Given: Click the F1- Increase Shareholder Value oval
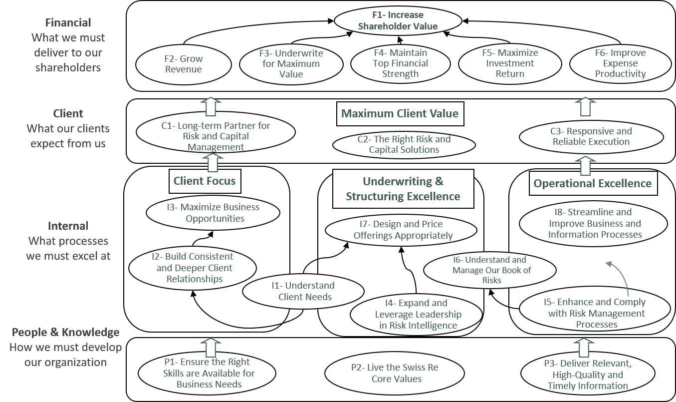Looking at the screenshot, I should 398,21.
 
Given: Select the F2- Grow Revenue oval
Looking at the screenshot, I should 183,64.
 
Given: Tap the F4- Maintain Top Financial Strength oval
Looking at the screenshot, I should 400,63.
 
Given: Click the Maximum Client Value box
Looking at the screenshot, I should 400,113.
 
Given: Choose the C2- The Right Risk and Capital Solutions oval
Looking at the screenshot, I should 404,144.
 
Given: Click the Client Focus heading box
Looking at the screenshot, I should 205,180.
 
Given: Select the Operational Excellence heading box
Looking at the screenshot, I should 592,183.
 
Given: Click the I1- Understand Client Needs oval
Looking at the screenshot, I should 303,291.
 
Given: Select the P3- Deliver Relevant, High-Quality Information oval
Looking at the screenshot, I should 587,375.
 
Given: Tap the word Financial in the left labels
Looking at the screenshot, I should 68,22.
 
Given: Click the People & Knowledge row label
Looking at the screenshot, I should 65,333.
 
